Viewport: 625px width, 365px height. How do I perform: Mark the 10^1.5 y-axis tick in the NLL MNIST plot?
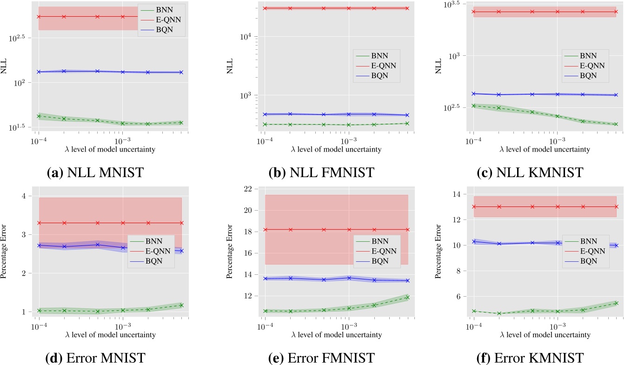tap(21, 126)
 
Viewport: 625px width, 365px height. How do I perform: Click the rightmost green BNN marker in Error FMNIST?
tap(407, 297)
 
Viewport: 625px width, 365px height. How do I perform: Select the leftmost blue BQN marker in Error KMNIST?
tap(474, 241)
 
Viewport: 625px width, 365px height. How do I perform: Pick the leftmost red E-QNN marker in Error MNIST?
tap(39, 223)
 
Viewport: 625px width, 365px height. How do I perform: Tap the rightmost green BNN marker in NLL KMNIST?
tap(616, 124)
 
